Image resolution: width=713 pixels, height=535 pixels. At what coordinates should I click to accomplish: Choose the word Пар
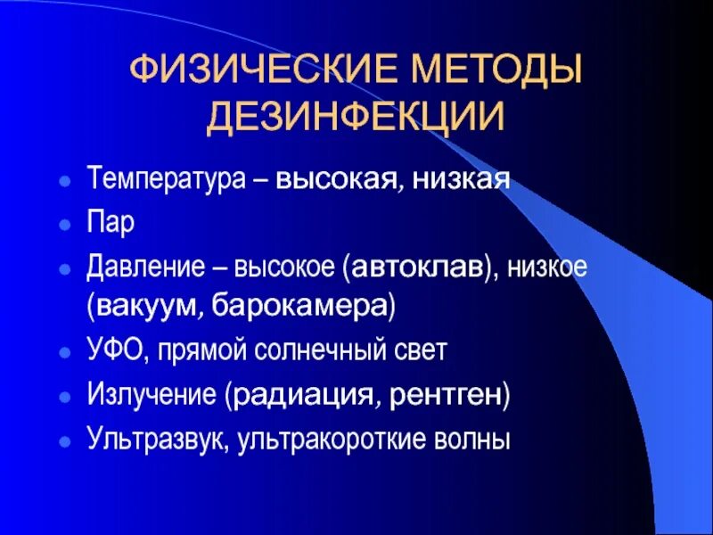[111, 222]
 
